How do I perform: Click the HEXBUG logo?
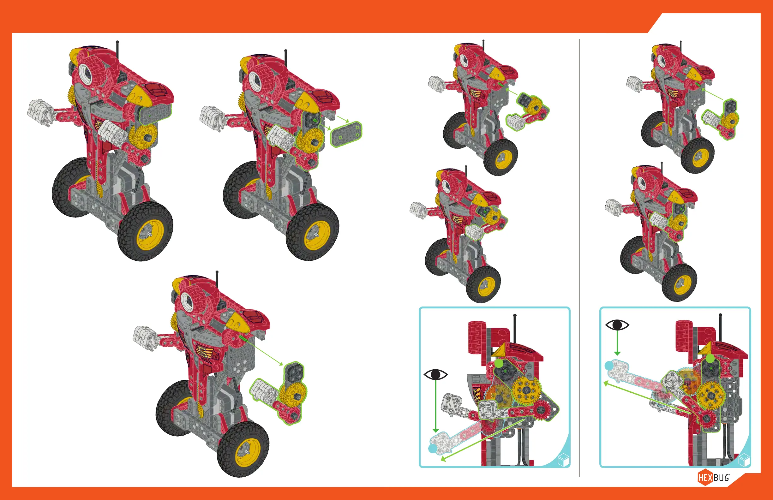click(x=714, y=477)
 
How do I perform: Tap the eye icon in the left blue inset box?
click(x=435, y=375)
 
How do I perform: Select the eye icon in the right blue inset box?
click(x=617, y=325)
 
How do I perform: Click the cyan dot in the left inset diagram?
click(x=433, y=448)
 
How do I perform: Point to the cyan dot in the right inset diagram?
click(x=609, y=366)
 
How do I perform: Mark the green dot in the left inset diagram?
click(x=499, y=363)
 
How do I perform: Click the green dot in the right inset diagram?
click(x=710, y=359)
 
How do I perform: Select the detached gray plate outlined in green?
click(x=346, y=134)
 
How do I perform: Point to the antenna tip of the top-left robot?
click(x=117, y=42)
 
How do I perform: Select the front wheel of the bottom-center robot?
click(x=243, y=449)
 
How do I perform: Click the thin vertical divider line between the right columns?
click(x=580, y=258)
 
